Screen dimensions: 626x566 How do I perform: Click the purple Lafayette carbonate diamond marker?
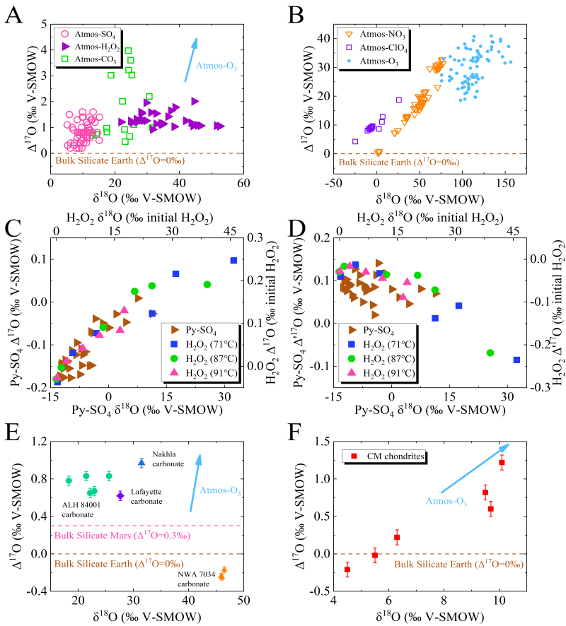pyautogui.click(x=120, y=496)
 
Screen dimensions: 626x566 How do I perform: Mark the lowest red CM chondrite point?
pyautogui.click(x=347, y=570)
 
